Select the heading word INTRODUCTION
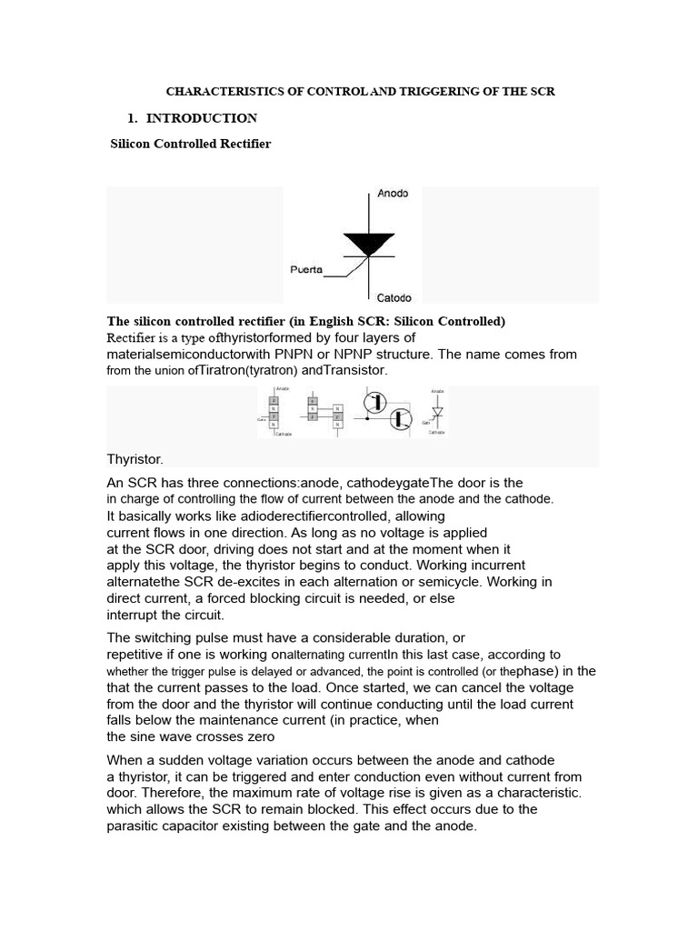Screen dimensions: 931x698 [x=202, y=118]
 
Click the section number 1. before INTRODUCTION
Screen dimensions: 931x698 [x=133, y=118]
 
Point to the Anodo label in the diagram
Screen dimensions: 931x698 [x=393, y=194]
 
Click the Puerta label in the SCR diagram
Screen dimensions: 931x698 [x=306, y=269]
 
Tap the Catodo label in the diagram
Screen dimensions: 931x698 [x=394, y=297]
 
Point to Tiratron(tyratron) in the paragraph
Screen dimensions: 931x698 [x=244, y=371]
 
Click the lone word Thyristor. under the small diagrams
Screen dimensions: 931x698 [x=135, y=460]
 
